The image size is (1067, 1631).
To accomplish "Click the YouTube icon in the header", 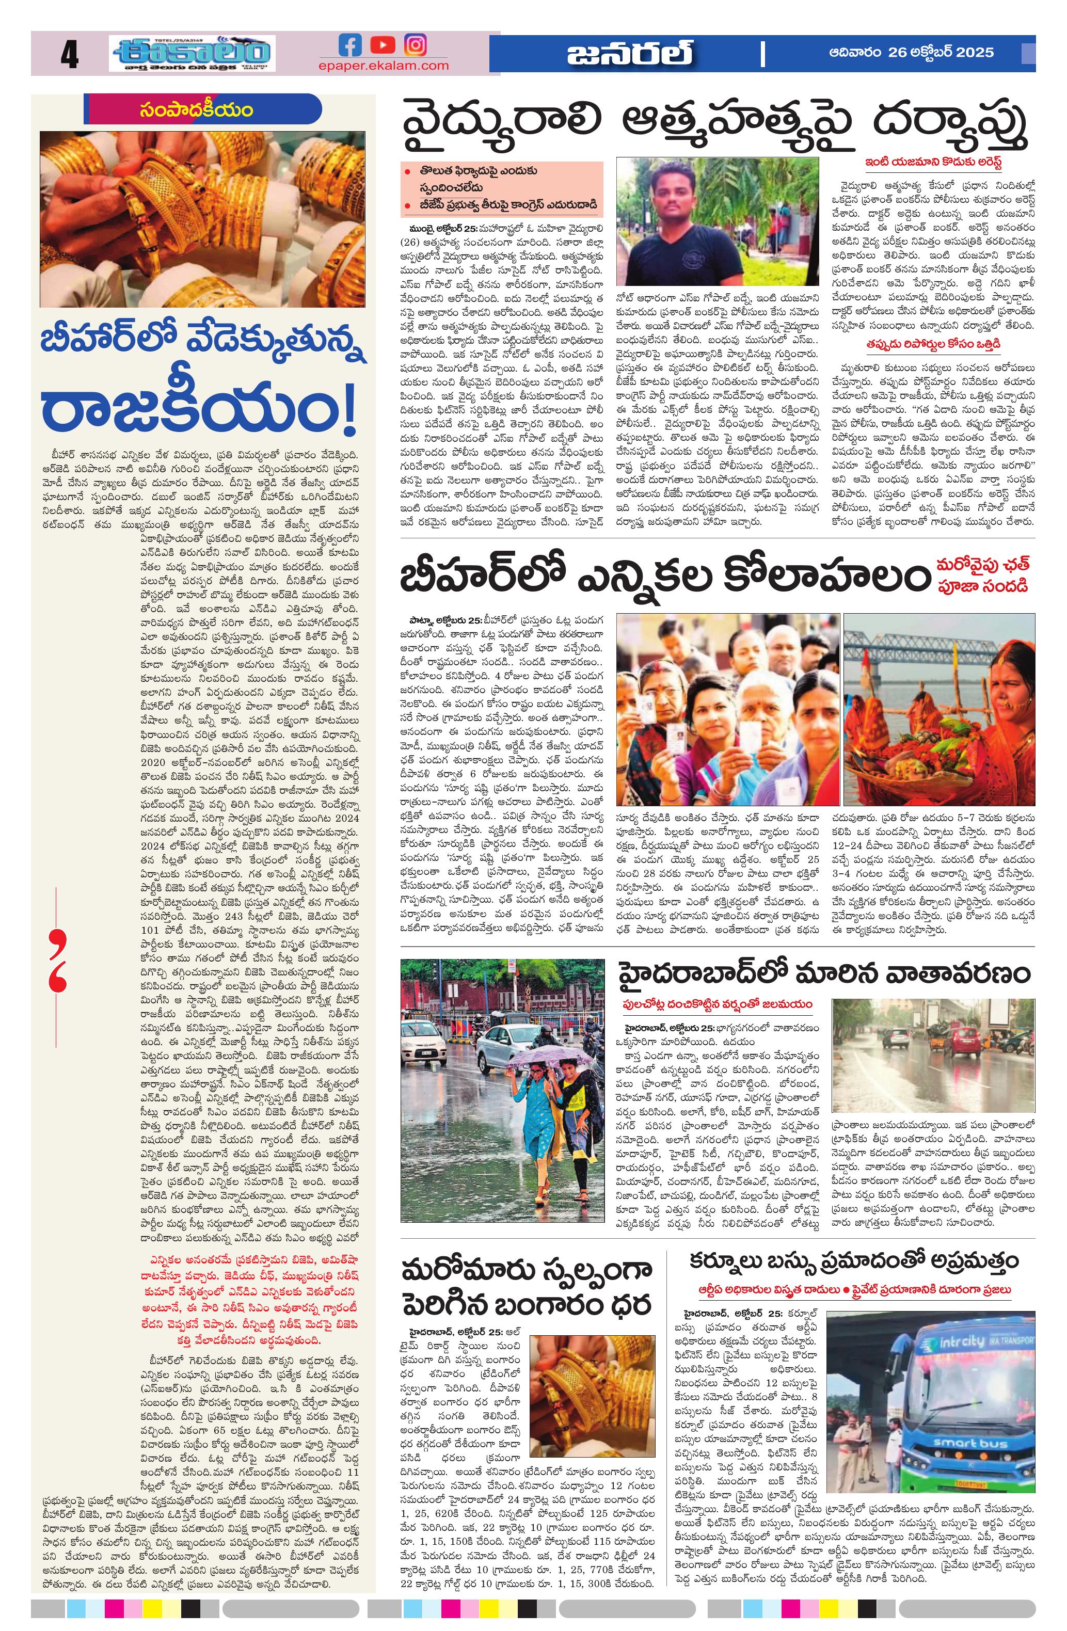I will click(383, 45).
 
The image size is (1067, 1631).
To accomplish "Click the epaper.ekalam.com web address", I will click(383, 65).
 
